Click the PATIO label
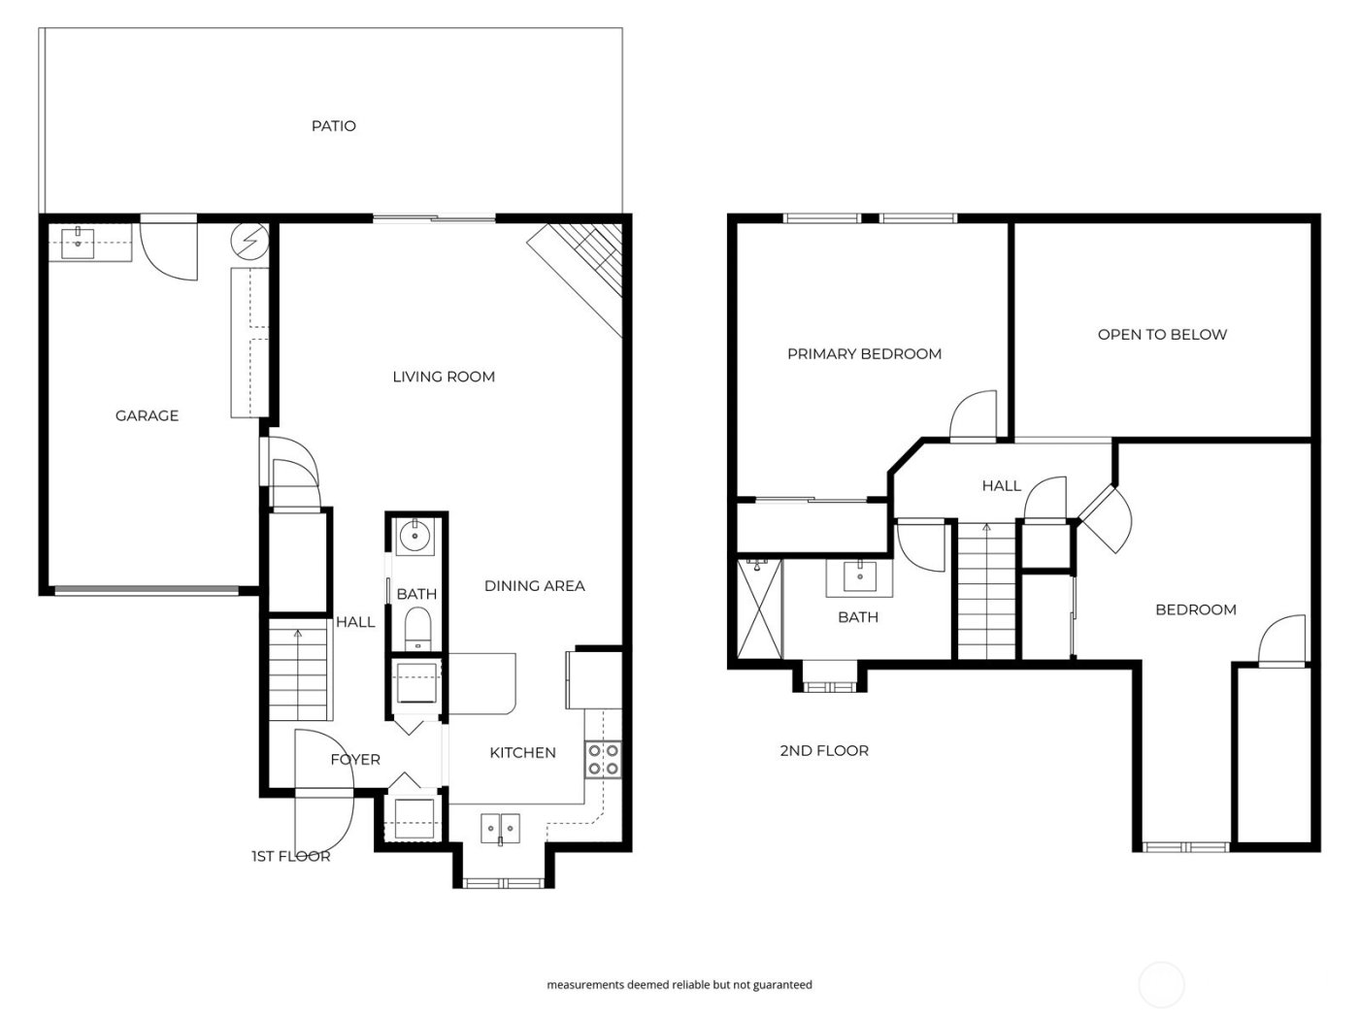333,126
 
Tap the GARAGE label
147,415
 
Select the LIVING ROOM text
444,377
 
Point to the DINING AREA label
534,585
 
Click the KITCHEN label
522,752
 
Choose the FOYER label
355,759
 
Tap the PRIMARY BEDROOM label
864,354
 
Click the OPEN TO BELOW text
1162,335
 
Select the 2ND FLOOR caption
824,750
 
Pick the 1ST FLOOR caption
290,856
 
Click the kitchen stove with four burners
603,759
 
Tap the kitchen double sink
501,829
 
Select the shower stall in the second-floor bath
760,608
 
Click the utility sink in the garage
78,243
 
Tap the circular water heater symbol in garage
250,240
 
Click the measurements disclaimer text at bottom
679,984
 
